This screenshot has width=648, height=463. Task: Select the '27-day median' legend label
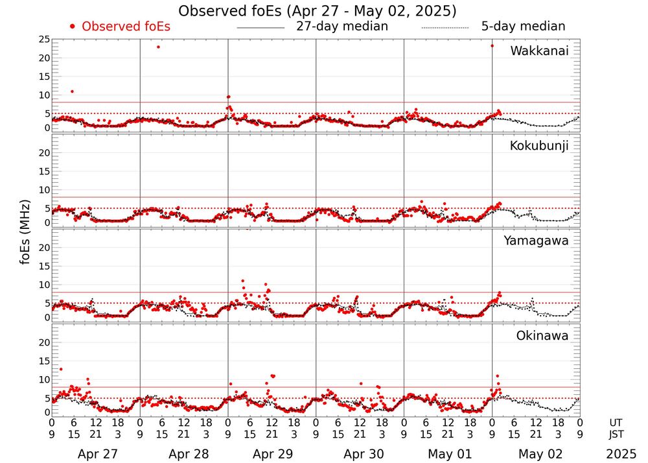pyautogui.click(x=341, y=27)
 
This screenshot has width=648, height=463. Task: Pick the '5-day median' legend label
pyautogui.click(x=523, y=27)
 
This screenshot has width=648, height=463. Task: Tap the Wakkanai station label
pyautogui.click(x=539, y=51)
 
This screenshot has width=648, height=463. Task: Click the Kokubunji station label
pyautogui.click(x=539, y=146)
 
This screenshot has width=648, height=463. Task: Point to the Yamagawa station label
pyautogui.click(x=537, y=241)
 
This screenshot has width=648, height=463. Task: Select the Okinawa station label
pyautogui.click(x=542, y=336)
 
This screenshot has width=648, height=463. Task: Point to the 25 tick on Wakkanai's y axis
pyautogui.click(x=44, y=40)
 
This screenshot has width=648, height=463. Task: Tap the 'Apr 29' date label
pyautogui.click(x=272, y=454)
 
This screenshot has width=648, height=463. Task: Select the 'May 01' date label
pyautogui.click(x=447, y=454)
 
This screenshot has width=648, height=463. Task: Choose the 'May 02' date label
pyautogui.click(x=535, y=454)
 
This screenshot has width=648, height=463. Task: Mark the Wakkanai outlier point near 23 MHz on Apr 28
pyautogui.click(x=158, y=47)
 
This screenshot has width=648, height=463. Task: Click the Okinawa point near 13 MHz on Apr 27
pyautogui.click(x=61, y=369)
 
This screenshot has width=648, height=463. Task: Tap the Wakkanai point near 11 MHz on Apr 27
pyautogui.click(x=72, y=91)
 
